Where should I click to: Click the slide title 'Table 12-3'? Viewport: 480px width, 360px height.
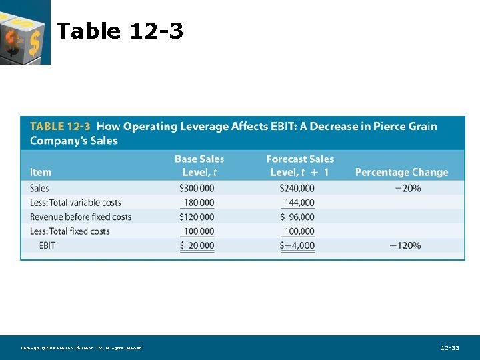pos(120,31)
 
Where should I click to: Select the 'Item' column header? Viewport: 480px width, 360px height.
pos(41,172)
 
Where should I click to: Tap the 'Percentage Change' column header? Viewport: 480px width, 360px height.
pos(401,172)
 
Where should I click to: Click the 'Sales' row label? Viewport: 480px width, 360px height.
pos(39,188)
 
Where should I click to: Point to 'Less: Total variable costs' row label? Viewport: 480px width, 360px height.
pos(75,203)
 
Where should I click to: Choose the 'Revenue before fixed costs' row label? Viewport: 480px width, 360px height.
pos(81,217)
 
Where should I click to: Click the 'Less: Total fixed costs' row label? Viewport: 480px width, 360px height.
pos(70,231)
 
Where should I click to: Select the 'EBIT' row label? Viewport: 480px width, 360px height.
pos(47,245)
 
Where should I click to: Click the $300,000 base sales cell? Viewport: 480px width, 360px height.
pos(197,188)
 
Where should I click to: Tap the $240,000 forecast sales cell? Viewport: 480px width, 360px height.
pos(297,188)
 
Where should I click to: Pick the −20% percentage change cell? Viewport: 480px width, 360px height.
pos(407,188)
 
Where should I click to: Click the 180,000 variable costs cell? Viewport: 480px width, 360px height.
pos(199,203)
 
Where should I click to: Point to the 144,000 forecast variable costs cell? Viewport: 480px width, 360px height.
pos(299,203)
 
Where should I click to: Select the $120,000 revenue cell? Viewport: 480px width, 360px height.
pos(197,217)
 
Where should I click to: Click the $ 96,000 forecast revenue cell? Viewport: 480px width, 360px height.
pos(297,217)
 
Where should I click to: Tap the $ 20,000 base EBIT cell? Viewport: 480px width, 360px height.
pos(197,245)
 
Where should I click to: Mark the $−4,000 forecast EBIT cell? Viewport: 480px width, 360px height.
pos(297,245)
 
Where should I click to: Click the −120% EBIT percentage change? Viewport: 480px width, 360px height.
pos(405,245)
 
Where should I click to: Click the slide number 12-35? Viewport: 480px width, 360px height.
pos(450,348)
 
